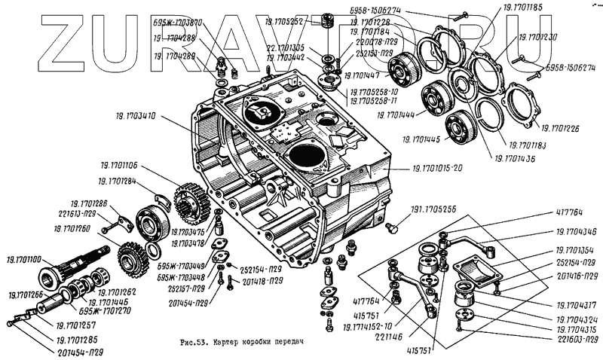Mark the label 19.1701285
(x=78, y=340)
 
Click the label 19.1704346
(x=577, y=232)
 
